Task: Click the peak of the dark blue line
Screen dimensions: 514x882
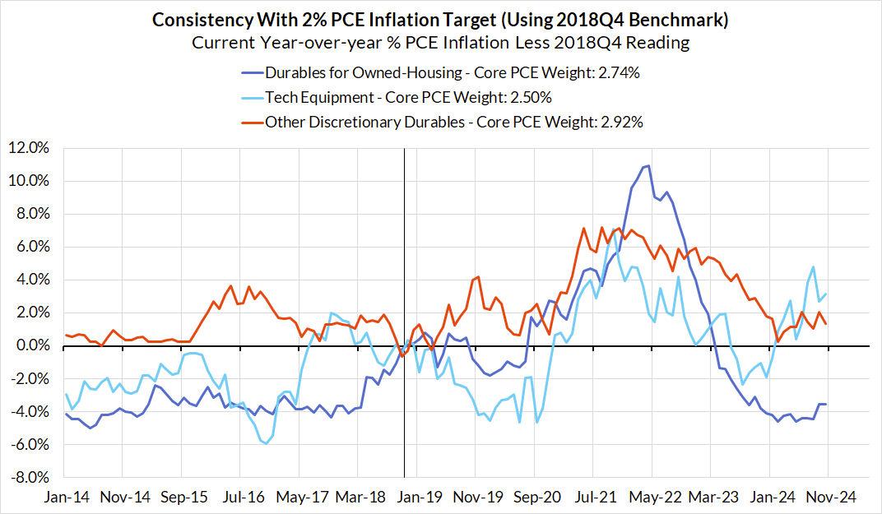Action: tap(648, 166)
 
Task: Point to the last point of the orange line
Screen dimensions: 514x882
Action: tap(825, 323)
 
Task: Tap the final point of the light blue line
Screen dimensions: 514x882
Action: tap(825, 294)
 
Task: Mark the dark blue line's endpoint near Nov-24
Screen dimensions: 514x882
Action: tap(825, 404)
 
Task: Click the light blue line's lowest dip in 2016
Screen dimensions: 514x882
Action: tap(265, 443)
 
